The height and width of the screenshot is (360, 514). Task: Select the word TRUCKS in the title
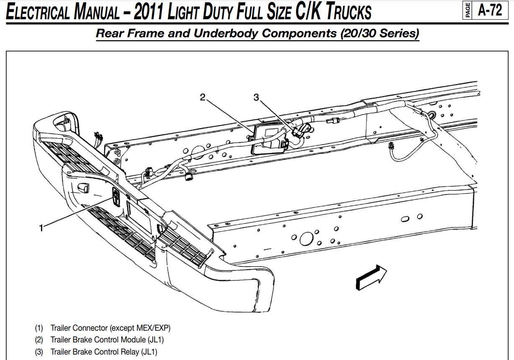(347, 12)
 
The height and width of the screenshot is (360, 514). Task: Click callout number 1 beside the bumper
(41, 228)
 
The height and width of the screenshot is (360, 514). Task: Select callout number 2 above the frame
(203, 97)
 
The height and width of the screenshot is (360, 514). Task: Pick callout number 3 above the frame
(256, 97)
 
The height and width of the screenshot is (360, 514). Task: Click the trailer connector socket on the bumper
(117, 196)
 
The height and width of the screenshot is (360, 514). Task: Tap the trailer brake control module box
(268, 139)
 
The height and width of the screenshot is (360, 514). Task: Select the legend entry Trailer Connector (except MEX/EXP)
(111, 328)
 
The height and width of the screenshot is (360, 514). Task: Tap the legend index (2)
(39, 339)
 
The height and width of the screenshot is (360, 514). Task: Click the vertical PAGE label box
(467, 10)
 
